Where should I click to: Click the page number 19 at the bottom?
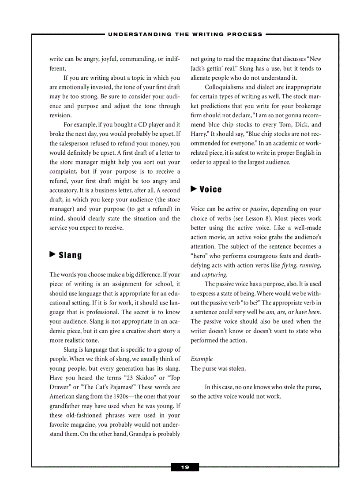coord(185,467)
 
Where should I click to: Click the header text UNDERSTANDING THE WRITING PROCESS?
coord(185,34)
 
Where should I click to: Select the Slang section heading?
coord(70,255)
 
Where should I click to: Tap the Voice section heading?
coord(210,190)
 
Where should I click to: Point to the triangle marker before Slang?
coord(52,254)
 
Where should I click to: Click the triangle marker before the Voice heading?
coord(194,189)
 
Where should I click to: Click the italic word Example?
coord(202,359)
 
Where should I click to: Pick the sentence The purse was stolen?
coord(218,368)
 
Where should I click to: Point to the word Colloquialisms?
coord(227,87)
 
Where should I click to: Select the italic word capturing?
coord(214,275)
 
